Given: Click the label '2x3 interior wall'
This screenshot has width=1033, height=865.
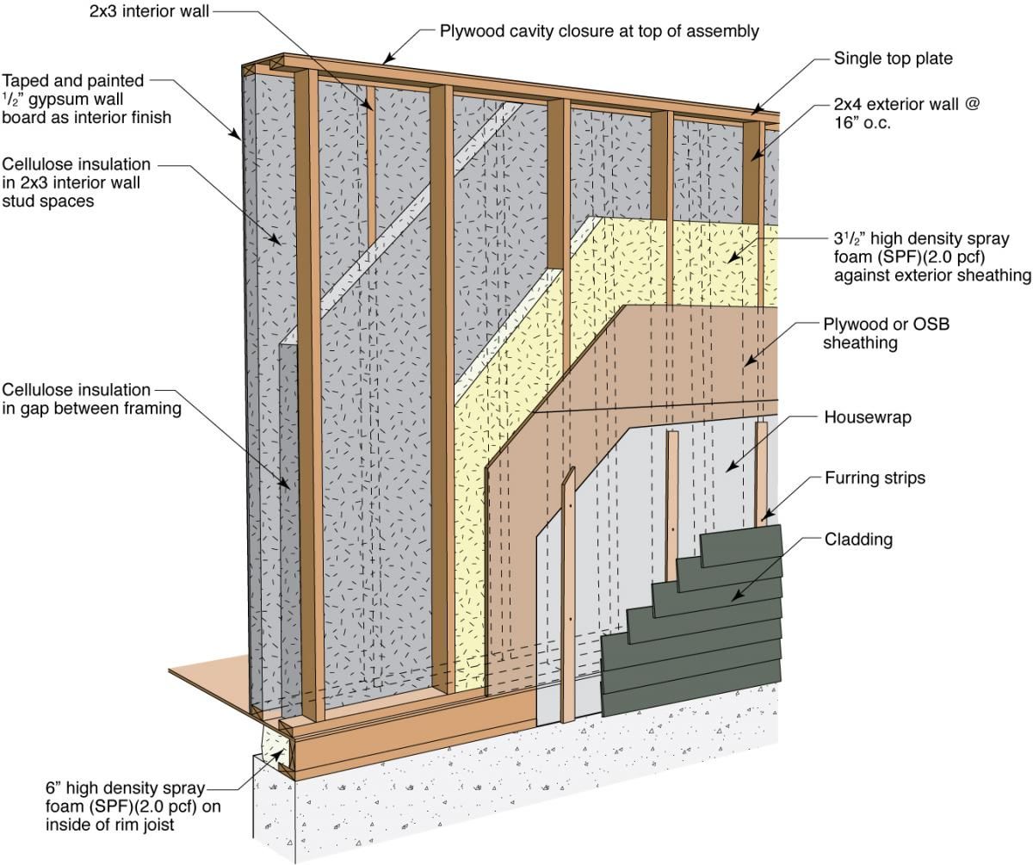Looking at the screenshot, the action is [149, 11].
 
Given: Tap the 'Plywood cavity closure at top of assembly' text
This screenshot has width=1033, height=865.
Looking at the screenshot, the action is [599, 31].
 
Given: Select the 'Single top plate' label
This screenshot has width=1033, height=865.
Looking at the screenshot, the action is [893, 59].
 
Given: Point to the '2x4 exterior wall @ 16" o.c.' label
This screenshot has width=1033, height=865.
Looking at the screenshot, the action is [906, 114].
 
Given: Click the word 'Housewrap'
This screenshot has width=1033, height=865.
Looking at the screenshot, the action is [868, 417].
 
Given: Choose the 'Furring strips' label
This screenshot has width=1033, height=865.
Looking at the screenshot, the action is [875, 479].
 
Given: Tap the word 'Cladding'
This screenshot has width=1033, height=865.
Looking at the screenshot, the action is [858, 539].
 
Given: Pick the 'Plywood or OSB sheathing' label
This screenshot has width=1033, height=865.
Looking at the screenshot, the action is [886, 333].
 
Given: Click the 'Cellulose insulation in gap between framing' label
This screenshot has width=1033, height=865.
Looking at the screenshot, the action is [91, 399].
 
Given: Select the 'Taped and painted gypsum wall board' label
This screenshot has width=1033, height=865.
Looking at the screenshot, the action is [87, 99].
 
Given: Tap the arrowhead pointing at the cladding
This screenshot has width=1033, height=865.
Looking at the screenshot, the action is [737, 596].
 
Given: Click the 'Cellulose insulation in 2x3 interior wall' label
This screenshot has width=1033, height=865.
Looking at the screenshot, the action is [77, 182].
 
